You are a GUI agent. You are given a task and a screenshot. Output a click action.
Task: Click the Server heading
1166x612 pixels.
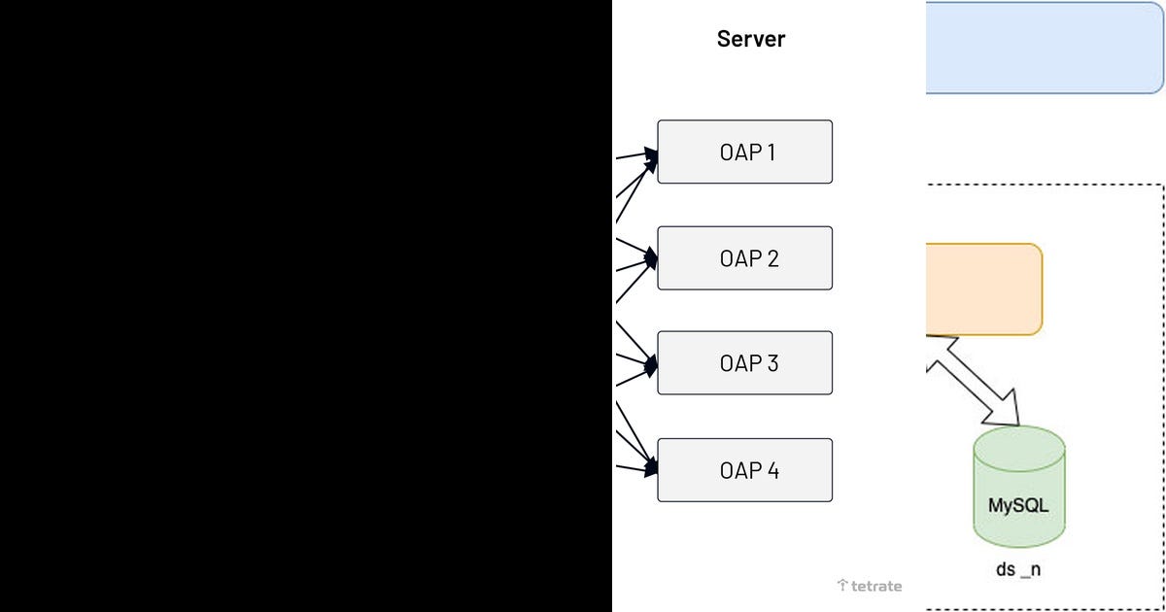click(750, 40)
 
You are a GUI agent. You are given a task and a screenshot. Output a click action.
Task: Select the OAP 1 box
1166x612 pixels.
click(744, 152)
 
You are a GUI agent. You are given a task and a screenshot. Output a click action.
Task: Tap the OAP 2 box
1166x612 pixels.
click(744, 258)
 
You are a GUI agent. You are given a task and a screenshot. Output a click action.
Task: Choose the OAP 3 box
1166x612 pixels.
click(744, 363)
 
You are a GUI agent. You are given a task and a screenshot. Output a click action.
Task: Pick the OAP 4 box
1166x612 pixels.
click(744, 470)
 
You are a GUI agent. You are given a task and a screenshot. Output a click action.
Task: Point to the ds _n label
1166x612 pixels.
click(1018, 569)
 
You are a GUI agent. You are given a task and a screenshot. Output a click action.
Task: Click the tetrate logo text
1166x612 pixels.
click(875, 586)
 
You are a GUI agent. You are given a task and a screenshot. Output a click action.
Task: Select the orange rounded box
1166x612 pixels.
click(983, 289)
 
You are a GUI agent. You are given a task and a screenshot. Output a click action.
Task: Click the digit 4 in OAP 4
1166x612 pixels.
click(772, 470)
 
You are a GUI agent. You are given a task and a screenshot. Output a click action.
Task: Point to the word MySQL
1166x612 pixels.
click(1018, 506)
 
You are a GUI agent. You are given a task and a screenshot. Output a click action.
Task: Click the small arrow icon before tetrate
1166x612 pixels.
click(841, 586)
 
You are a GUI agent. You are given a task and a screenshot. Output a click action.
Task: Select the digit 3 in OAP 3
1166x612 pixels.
click(772, 363)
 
